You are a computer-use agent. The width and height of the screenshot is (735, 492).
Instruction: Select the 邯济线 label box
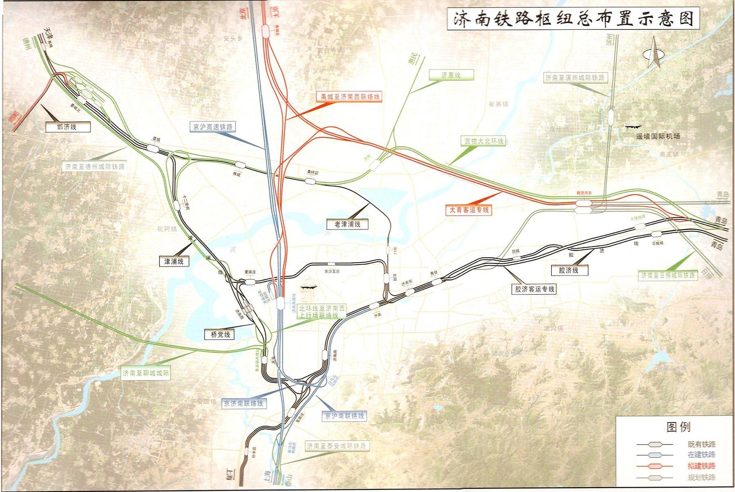point(67,127)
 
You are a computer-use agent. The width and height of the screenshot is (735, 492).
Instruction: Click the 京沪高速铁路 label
point(213,127)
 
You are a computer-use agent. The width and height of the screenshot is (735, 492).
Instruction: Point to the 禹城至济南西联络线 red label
point(350,97)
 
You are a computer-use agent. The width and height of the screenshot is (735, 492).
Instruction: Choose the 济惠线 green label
point(451,75)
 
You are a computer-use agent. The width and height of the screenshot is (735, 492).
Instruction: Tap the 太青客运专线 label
point(469,210)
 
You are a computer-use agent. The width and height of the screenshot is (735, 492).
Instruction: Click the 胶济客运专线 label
point(535,289)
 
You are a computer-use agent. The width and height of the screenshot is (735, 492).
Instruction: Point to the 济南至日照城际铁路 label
point(667,276)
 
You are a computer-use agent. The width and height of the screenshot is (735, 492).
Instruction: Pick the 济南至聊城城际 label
point(146,373)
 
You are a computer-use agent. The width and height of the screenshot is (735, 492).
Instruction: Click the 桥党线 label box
point(220,334)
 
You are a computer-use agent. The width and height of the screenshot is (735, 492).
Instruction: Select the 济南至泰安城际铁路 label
point(337,446)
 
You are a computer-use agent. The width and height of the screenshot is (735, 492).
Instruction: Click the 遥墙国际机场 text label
point(658,136)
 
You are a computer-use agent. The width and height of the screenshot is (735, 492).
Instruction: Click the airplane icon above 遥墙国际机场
point(633,127)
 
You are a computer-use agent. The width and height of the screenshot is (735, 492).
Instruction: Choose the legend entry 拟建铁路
point(702,466)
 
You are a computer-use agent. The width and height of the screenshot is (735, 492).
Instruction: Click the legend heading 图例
point(678,427)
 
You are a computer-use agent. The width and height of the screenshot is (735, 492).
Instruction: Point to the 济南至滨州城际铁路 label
point(575,78)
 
